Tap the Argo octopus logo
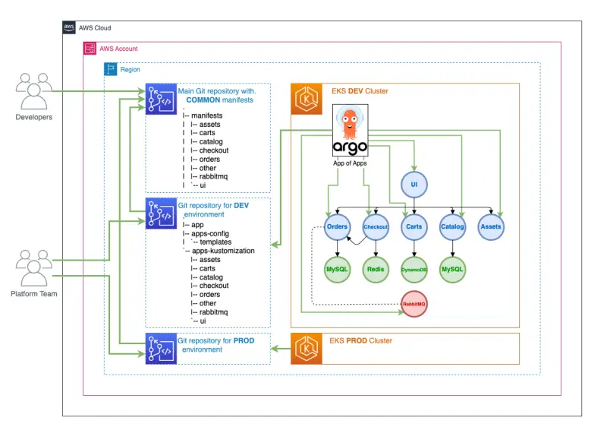click(x=350, y=125)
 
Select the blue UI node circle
click(x=414, y=184)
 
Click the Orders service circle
click(x=337, y=226)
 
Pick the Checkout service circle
click(x=376, y=226)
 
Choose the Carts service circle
click(x=414, y=226)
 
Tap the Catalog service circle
click(x=452, y=226)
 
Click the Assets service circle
click(x=491, y=226)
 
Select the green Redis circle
click(x=376, y=269)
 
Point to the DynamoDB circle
click(x=414, y=269)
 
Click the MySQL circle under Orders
click(x=337, y=269)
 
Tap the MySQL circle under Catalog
click(x=452, y=269)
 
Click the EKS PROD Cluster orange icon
click(x=306, y=348)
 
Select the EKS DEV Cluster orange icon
click(x=306, y=98)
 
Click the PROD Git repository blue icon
click(x=160, y=348)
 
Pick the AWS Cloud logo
click(x=69, y=27)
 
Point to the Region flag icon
click(x=111, y=69)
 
